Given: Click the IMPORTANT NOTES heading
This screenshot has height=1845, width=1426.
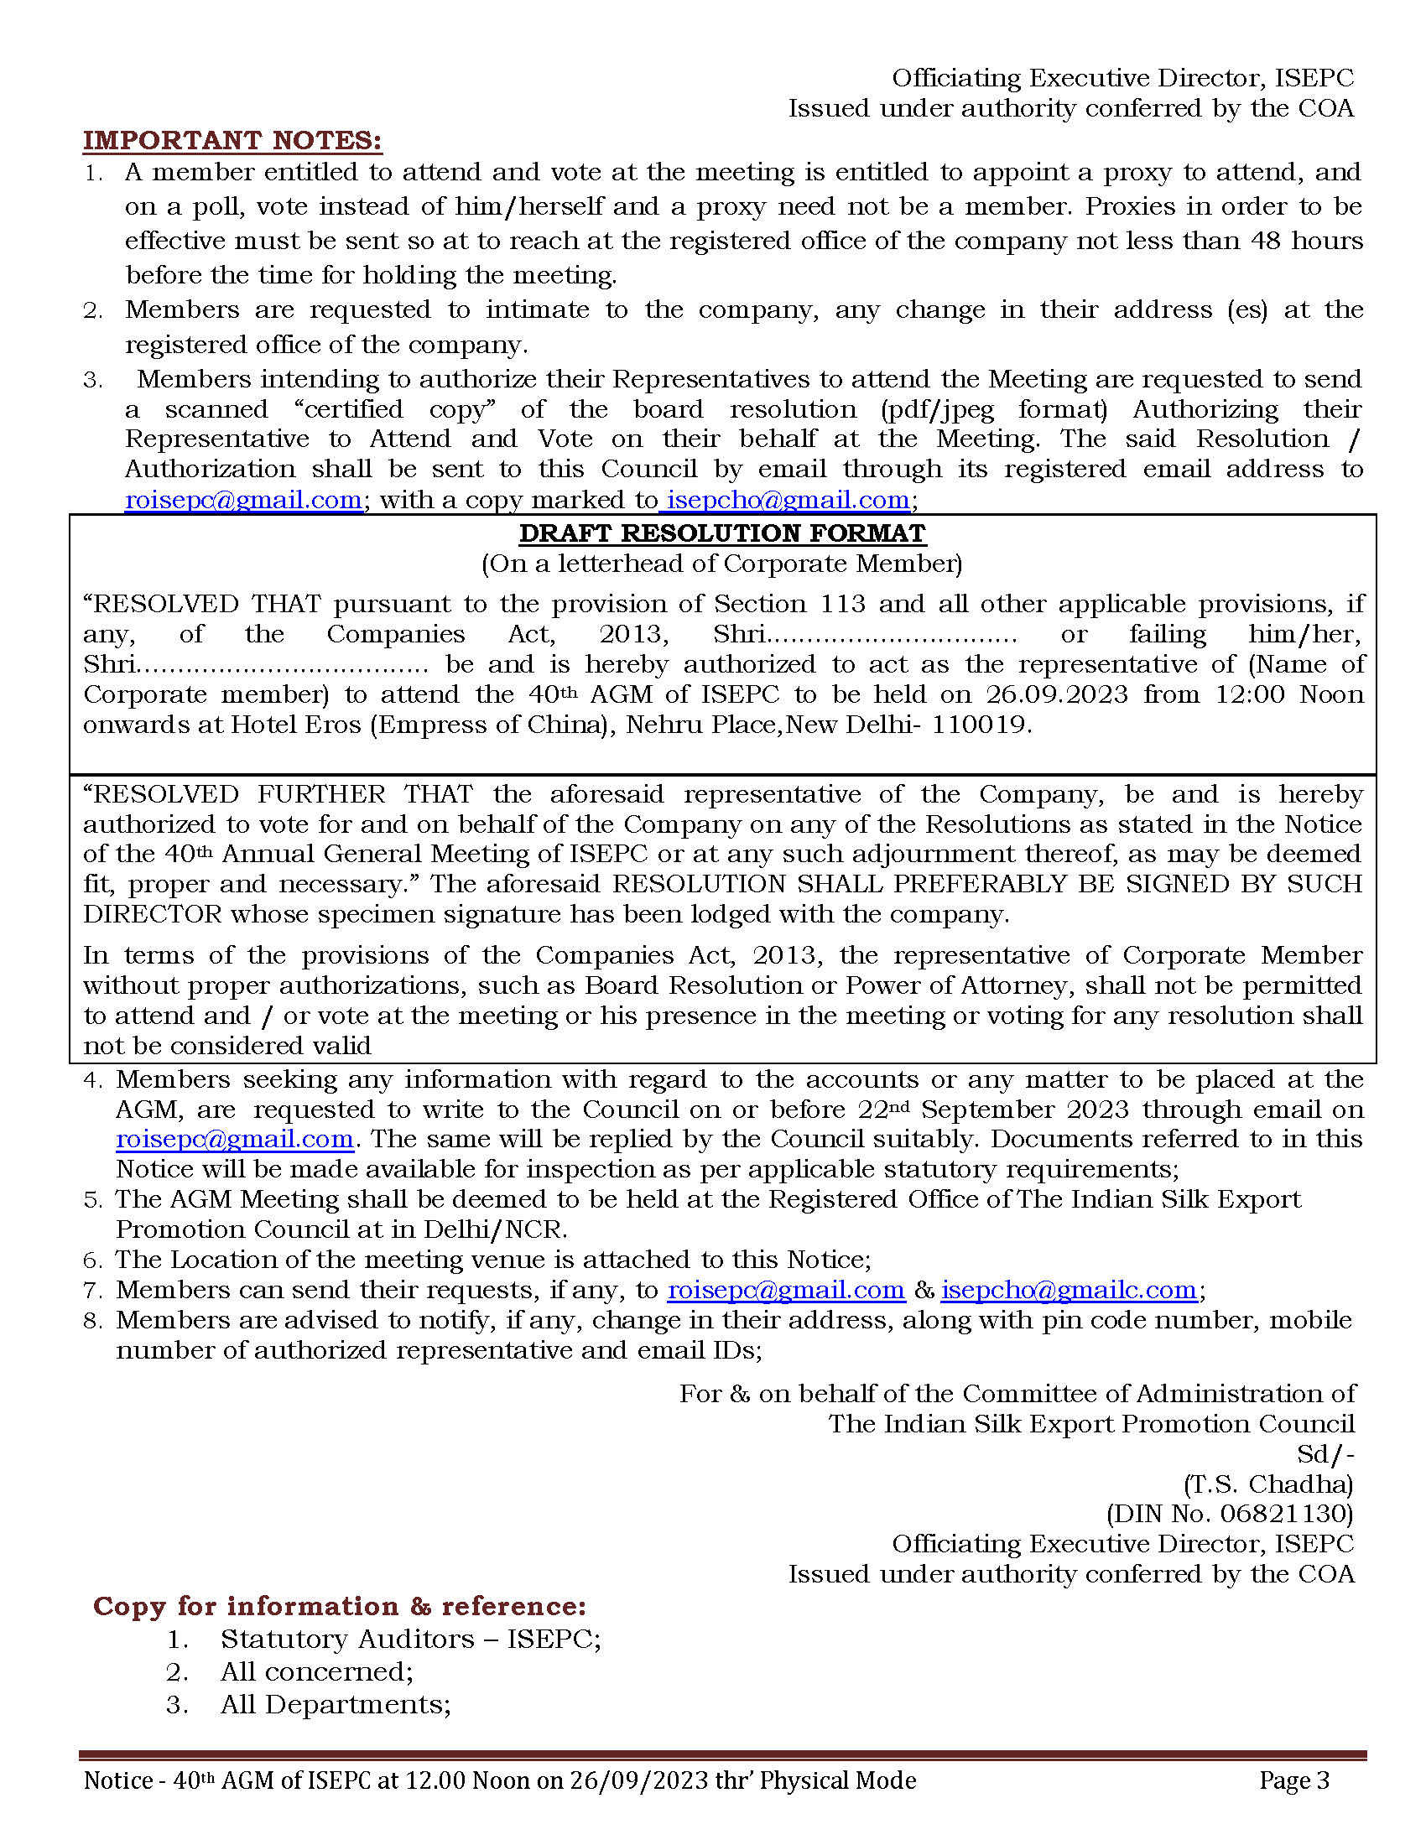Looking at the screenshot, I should pos(232,140).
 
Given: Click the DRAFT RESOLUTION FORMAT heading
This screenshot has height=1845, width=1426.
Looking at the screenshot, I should pos(722,533).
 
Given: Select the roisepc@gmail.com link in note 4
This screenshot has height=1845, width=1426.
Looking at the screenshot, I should pos(235,1139).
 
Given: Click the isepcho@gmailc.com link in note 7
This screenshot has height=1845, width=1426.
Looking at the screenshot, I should pos(1069,1290).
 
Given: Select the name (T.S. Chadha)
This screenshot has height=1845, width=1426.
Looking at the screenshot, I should pos(1268,1484).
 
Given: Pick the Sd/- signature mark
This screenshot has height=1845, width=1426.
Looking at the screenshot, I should pos(1325,1454).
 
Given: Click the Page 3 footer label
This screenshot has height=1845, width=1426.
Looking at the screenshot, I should pos(1294,1780).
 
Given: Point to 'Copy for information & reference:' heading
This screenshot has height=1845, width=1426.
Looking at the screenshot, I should pos(340,1606).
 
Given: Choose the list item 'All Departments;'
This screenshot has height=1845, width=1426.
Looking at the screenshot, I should pos(336,1704).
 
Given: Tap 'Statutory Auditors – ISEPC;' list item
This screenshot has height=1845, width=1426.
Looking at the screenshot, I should pos(410,1639).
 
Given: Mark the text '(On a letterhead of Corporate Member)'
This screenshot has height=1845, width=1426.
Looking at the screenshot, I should pos(722,564).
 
